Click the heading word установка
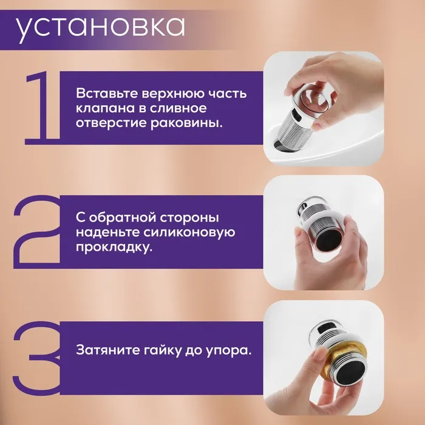tap(100, 28)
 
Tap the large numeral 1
tap(43, 108)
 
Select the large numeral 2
tap(36, 232)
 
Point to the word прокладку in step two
tap(114, 248)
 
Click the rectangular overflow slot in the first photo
tap(297, 115)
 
